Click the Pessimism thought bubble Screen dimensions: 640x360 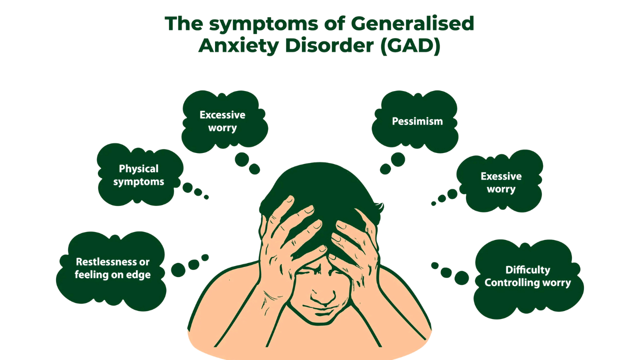click(417, 121)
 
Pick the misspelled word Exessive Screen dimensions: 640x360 click(501, 176)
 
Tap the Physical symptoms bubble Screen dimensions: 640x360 click(138, 175)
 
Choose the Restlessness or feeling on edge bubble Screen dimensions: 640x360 click(112, 268)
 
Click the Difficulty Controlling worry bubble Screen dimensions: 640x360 click(527, 276)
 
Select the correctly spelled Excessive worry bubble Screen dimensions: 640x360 click(222, 121)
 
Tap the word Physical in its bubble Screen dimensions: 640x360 click(138, 168)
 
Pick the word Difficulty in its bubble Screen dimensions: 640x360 click(527, 270)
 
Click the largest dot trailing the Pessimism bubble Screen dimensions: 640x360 click(398, 159)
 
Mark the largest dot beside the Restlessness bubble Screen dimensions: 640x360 click(178, 270)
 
